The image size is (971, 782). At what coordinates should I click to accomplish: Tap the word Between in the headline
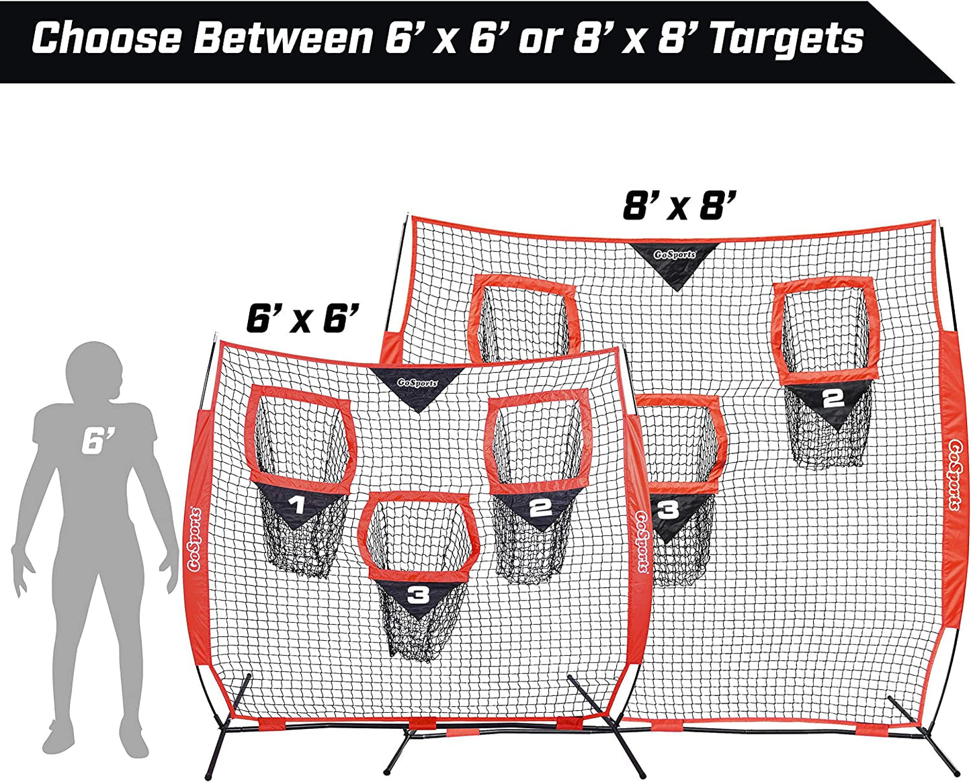tap(283, 39)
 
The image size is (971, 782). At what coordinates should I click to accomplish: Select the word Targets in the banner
tap(787, 39)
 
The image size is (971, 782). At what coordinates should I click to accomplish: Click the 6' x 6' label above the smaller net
tap(303, 318)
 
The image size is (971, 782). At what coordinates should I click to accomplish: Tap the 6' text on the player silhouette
tap(98, 441)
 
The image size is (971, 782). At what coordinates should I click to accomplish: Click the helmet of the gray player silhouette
tap(94, 370)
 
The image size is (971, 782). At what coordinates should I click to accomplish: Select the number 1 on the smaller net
tap(298, 505)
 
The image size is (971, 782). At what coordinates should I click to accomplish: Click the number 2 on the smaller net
tap(540, 508)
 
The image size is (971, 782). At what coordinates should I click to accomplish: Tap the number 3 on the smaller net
tap(419, 596)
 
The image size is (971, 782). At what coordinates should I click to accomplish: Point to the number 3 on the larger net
tap(668, 511)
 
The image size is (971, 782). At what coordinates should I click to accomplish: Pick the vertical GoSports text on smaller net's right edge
tap(642, 541)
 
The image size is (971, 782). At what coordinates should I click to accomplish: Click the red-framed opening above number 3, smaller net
tap(418, 536)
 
